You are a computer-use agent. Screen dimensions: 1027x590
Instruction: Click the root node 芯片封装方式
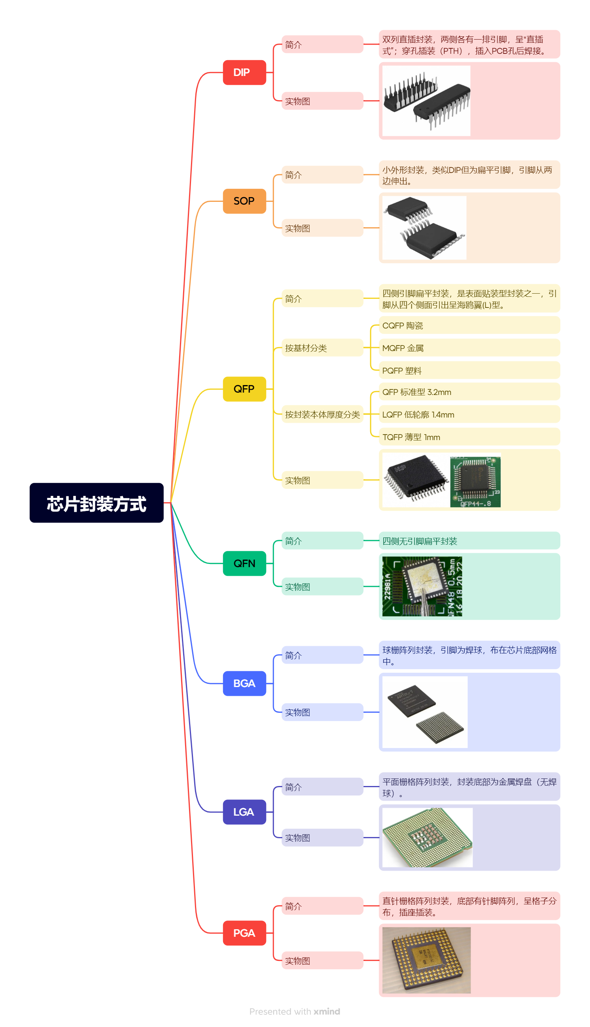96,503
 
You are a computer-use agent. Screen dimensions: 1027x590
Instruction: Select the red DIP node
244,72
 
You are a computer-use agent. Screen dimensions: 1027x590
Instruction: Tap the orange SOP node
244,201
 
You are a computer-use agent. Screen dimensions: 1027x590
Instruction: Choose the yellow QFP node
244,389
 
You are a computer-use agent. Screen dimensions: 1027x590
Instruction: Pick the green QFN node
244,563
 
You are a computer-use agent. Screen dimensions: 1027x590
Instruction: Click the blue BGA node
244,683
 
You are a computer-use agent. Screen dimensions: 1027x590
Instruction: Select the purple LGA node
244,812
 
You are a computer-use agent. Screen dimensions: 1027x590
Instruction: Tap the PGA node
244,933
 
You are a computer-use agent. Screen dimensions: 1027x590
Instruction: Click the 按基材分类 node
322,348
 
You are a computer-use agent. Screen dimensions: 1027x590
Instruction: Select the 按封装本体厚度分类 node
322,414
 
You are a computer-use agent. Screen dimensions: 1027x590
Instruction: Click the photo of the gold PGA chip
426,960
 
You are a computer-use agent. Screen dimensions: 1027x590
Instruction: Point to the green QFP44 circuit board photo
475,480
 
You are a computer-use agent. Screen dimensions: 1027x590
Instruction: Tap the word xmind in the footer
327,1011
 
